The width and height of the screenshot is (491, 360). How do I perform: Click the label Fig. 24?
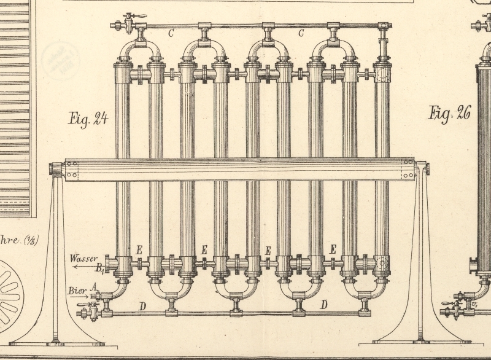click(88, 118)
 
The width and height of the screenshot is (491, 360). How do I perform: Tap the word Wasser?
click(83, 258)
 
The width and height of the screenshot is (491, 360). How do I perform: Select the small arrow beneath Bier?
click(79, 295)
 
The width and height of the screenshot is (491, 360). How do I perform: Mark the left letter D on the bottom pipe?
click(143, 305)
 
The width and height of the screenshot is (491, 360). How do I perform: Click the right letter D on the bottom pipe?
click(323, 305)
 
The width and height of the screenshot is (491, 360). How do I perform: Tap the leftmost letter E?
click(139, 250)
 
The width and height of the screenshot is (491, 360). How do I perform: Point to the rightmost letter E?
click(333, 249)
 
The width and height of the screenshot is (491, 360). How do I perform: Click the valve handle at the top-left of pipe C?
click(131, 16)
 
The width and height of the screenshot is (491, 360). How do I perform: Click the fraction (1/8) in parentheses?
click(29, 240)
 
